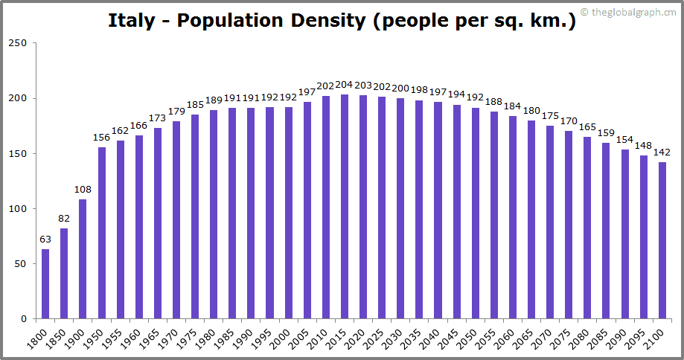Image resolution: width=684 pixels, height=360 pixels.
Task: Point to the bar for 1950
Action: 101,233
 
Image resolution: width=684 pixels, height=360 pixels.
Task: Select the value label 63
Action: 45,240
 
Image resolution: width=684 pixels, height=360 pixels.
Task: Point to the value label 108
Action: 83,190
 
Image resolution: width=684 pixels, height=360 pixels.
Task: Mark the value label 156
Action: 101,138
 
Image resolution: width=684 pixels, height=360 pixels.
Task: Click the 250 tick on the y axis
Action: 19,43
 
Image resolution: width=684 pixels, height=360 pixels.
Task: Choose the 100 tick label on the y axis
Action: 19,209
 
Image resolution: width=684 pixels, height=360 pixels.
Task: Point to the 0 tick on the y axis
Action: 25,319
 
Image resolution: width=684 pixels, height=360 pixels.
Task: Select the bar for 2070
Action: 550,222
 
